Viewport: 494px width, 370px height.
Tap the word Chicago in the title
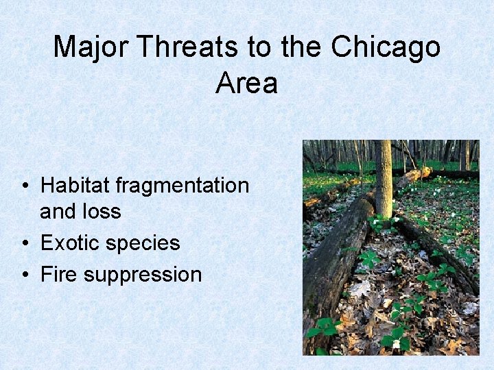tap(386, 47)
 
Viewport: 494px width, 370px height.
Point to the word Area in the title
tap(246, 83)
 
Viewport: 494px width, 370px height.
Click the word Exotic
tap(73, 243)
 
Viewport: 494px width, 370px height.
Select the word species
tap(145, 244)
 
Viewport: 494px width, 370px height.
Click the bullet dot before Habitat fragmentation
tap(24, 186)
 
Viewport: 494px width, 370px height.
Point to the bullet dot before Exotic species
tap(24, 243)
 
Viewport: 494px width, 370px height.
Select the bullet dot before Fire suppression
tap(24, 275)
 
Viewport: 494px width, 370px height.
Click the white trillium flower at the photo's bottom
tap(396, 343)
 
